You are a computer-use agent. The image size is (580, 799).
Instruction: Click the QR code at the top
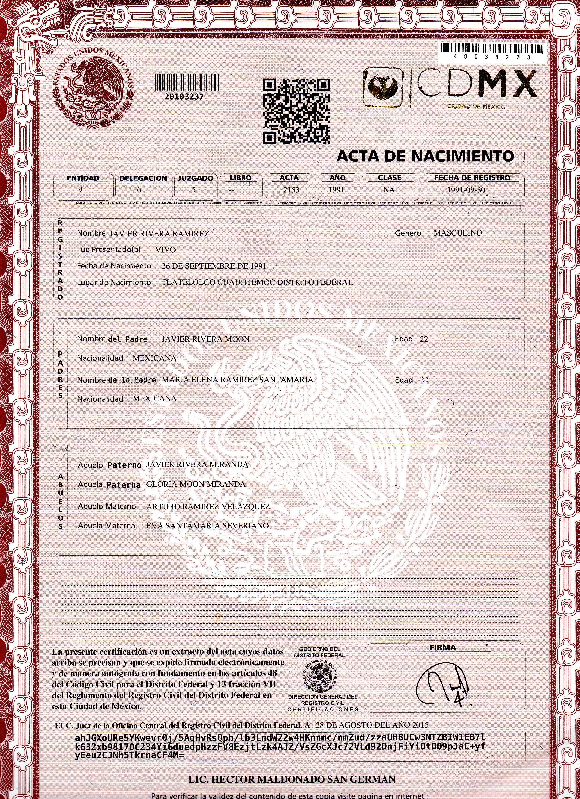[x=297, y=111]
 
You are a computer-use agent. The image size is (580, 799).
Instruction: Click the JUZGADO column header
[x=196, y=178]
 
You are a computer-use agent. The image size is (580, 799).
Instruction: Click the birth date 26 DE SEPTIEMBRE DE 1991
[x=214, y=266]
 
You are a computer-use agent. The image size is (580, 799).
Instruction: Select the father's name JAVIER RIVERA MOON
[x=205, y=339]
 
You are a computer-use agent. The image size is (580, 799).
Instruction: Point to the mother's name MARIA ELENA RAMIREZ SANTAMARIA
[x=237, y=380]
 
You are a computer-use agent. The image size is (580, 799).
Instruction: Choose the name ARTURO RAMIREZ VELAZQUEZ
[x=208, y=507]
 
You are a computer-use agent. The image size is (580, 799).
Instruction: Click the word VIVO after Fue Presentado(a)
[x=165, y=250]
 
